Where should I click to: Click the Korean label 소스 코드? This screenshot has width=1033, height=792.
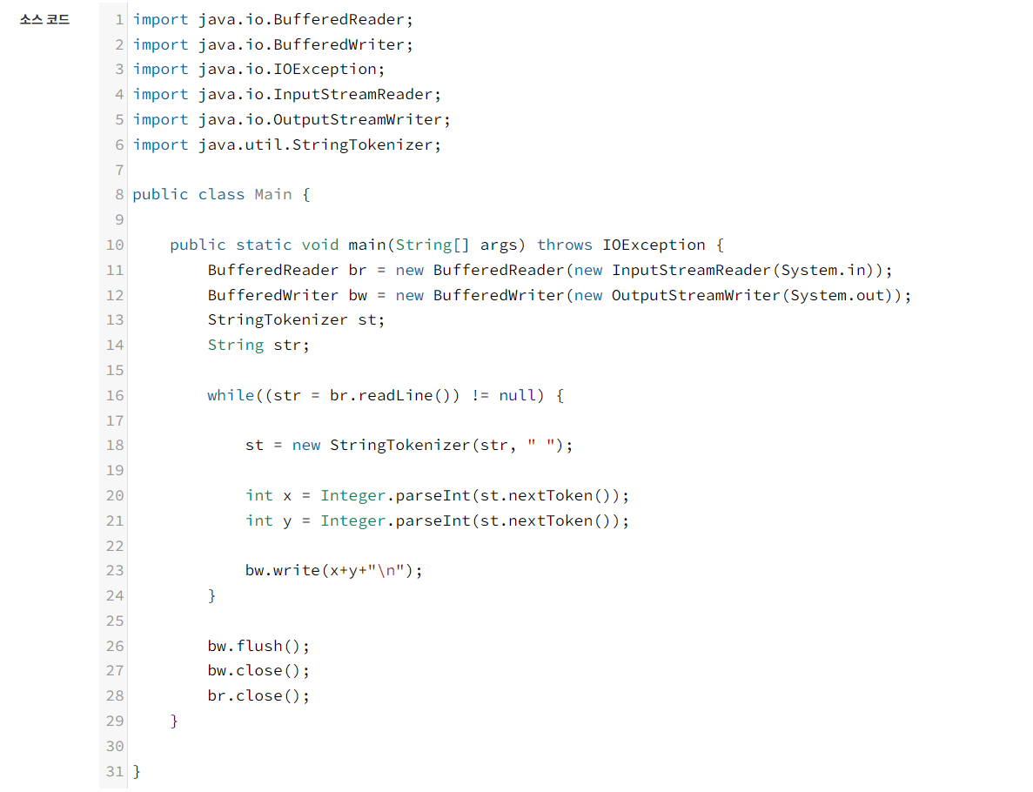44,19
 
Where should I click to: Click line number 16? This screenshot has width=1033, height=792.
115,395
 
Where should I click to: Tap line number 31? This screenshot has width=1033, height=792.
115,771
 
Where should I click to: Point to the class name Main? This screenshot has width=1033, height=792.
273,194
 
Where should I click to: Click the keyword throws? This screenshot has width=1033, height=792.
565,245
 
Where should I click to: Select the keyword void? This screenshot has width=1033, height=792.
320,245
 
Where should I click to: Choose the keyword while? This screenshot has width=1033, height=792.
231,395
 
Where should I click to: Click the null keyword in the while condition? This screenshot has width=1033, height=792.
518,395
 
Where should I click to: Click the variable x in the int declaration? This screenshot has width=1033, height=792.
288,495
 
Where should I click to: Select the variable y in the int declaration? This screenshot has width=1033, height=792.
288,520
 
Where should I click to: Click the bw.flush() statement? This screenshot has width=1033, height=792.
258,646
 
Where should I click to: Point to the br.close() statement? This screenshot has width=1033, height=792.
258,696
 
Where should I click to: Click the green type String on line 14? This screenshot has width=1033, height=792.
236,345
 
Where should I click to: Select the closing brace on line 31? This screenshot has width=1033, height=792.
137,771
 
